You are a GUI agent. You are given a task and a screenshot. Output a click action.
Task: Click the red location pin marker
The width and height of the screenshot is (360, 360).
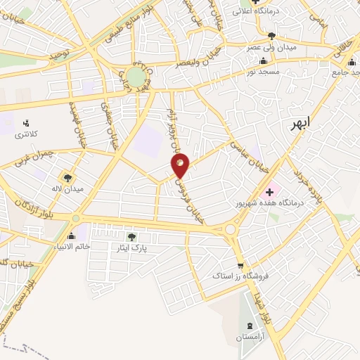pos(181,165)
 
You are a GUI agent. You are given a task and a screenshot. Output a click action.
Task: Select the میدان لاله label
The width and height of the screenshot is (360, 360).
pos(69,189)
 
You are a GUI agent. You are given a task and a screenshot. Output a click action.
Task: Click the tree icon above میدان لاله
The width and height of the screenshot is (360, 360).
pos(68,178)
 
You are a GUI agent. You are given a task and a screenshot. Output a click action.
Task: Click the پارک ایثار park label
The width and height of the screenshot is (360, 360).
pos(131,248)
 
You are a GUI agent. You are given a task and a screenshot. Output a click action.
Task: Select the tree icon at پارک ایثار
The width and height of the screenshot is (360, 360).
pos(131,236)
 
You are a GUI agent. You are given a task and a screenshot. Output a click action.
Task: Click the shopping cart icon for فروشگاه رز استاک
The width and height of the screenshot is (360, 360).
pos(241,266)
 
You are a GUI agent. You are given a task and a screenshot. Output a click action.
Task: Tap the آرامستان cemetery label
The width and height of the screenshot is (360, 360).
pos(250,338)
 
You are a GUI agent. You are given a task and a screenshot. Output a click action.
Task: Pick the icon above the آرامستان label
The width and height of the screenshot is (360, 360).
pos(251,326)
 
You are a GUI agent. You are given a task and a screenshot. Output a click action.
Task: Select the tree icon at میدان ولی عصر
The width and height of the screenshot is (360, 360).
pos(272,35)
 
